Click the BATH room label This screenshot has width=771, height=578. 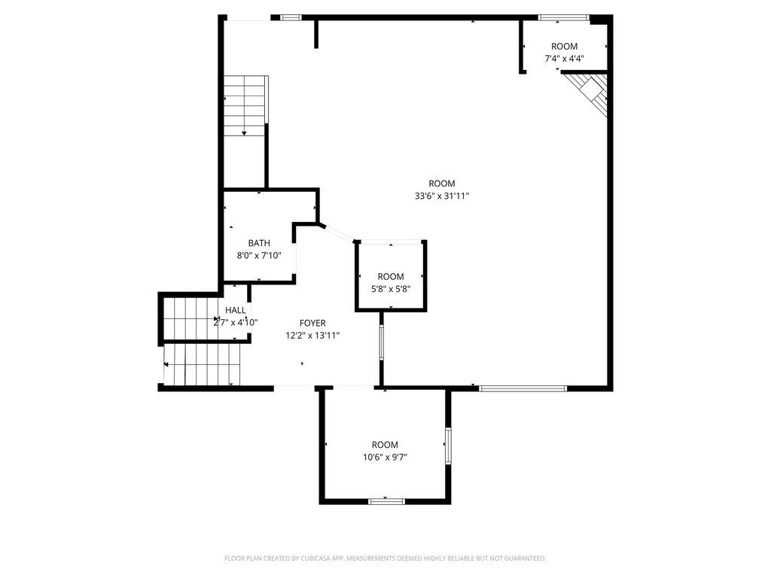coord(259,243)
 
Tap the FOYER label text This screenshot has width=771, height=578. coord(312,323)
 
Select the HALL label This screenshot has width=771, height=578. coord(236,310)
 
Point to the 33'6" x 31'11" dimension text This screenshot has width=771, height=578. coord(442,196)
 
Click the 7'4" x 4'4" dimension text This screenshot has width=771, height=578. coord(564,59)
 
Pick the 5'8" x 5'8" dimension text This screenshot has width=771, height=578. coord(391,289)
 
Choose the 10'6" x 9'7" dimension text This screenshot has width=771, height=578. coord(385,457)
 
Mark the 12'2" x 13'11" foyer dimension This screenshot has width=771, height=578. coord(312,336)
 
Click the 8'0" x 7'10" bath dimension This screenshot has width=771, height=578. coord(259,256)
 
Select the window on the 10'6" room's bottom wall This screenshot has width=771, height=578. coord(386,501)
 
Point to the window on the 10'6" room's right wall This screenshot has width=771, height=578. coord(448,446)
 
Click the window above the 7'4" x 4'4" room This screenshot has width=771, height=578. coord(563,18)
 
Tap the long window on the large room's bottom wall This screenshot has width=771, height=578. coord(523,388)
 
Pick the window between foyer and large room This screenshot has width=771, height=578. coord(381,342)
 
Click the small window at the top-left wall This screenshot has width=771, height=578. coord(291,18)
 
